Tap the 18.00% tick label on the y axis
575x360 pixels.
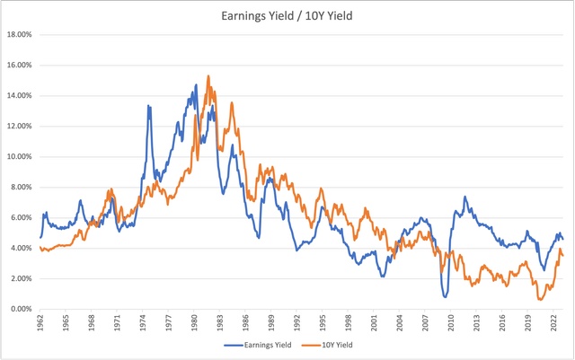click(19, 35)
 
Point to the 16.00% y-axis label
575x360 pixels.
click(19, 66)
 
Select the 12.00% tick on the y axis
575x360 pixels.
click(19, 127)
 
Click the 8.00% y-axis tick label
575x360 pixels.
click(21, 188)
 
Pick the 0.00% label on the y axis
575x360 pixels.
click(21, 310)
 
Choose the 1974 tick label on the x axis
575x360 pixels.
click(143, 325)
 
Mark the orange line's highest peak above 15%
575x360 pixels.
click(208, 75)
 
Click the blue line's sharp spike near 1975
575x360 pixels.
click(148, 106)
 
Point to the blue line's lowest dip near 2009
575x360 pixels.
click(445, 297)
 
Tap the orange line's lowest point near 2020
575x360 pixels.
click(538, 299)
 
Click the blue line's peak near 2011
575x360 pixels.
click(464, 197)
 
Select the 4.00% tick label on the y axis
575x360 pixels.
click(21, 249)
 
